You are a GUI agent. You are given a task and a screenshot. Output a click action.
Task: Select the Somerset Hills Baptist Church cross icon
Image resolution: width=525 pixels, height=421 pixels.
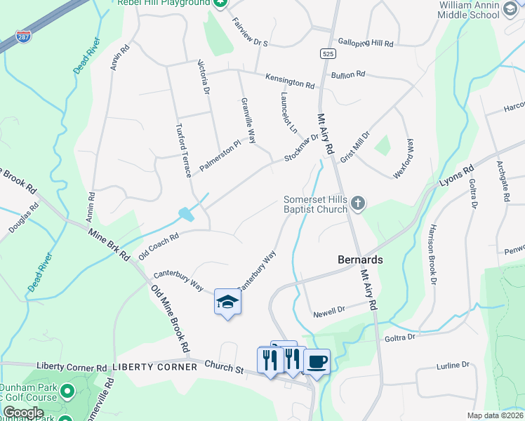(x=358, y=203)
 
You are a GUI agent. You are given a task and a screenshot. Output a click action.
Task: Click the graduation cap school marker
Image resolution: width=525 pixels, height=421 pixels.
(x=227, y=302)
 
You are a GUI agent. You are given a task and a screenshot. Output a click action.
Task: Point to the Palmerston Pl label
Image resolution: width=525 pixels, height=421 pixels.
(x=220, y=155)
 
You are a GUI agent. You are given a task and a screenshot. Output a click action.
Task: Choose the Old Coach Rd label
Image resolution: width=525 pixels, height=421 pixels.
(x=159, y=246)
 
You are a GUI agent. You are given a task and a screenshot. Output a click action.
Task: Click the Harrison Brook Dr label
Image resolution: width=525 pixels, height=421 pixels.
(x=430, y=254)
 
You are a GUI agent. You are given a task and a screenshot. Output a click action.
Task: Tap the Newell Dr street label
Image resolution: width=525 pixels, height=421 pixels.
(x=329, y=309)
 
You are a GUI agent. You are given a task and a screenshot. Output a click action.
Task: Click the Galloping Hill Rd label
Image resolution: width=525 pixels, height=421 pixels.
(x=365, y=43)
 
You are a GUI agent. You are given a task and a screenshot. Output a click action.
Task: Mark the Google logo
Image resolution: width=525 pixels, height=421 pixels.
(x=23, y=413)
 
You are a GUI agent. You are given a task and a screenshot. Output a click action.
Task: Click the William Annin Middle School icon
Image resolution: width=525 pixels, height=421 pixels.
(x=509, y=20)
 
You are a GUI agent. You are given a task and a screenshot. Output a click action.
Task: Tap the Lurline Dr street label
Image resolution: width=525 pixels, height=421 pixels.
(x=452, y=365)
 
